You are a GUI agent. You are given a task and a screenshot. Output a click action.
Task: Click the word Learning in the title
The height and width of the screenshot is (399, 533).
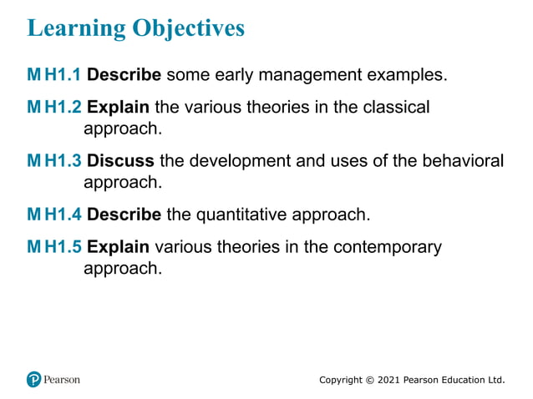click(x=76, y=28)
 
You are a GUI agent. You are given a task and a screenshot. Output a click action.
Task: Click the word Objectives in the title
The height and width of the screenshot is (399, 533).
click(x=189, y=28)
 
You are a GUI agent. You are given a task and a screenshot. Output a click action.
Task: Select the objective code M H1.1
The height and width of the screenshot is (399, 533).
click(x=54, y=75)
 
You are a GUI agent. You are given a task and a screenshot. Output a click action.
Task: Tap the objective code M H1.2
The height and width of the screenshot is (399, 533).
click(x=54, y=108)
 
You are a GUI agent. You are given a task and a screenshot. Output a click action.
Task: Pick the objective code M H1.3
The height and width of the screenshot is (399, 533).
click(x=54, y=160)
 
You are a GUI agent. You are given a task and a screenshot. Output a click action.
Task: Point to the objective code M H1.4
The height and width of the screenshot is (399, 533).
click(x=54, y=215)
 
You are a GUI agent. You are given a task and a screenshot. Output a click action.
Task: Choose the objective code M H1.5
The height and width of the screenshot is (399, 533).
click(x=54, y=247)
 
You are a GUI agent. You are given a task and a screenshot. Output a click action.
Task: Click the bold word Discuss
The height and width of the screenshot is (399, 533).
click(x=120, y=160)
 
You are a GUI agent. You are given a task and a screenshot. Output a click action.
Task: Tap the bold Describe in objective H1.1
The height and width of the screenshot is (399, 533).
click(x=124, y=75)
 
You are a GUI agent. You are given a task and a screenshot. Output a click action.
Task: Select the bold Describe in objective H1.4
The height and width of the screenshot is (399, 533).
click(x=124, y=215)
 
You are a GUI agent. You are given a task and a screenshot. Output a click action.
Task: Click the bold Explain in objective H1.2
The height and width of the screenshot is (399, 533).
click(x=118, y=108)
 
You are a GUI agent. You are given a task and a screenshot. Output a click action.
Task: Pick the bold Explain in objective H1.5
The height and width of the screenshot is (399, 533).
click(x=118, y=247)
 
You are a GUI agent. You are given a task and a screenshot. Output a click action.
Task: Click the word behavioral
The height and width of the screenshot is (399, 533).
click(x=464, y=160)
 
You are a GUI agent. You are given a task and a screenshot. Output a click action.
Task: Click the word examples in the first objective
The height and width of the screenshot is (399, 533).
click(x=404, y=75)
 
